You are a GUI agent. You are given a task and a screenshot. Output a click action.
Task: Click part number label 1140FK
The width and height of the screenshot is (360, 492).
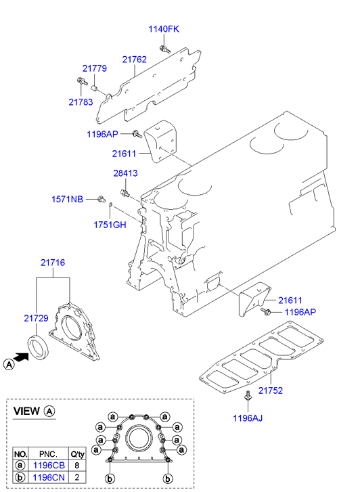(164, 29)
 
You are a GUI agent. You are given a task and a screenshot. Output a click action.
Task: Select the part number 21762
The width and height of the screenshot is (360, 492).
(135, 60)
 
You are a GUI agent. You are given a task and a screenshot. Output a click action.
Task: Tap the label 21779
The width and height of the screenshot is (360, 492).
(95, 68)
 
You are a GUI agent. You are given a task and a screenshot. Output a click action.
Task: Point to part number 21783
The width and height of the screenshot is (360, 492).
(81, 102)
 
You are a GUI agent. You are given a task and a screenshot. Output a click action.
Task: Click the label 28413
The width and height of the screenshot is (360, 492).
(126, 173)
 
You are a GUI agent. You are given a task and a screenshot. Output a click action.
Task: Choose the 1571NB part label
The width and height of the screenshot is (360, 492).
(67, 199)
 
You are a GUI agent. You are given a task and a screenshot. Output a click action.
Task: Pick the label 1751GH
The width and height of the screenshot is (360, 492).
(110, 225)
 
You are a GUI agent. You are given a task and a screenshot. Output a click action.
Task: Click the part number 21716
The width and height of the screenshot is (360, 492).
(53, 263)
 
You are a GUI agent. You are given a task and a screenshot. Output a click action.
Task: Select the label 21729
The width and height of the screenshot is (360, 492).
(36, 318)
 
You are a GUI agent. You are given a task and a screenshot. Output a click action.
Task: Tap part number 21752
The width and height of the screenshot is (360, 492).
(271, 390)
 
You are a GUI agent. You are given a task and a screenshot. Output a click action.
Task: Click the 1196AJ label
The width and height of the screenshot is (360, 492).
(248, 418)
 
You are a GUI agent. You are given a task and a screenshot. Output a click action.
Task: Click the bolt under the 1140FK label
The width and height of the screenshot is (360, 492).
(165, 49)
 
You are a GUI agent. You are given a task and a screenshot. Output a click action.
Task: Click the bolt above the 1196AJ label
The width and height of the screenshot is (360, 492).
(248, 397)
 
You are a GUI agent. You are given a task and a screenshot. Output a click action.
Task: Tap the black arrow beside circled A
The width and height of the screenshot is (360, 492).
(22, 357)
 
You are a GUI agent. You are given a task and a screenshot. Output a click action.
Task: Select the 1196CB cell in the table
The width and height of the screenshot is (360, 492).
(49, 466)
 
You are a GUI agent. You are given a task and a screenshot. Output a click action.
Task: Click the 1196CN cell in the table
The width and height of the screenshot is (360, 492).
(49, 478)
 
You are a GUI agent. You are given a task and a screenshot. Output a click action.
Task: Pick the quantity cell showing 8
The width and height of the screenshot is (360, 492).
(77, 466)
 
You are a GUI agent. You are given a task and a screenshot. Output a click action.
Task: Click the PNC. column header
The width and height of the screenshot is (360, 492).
(48, 454)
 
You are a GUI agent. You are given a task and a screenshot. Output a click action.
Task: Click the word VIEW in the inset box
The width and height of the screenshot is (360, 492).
(26, 411)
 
